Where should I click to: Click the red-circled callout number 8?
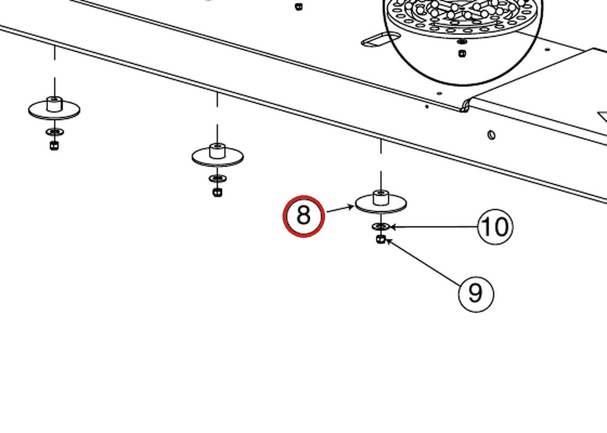coord(303,216)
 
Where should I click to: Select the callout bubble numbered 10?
coord(496,227)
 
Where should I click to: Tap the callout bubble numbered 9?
coord(476,293)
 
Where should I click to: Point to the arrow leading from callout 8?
coord(340,209)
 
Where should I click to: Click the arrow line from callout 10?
coord(434,227)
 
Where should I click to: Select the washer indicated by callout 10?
coord(381,226)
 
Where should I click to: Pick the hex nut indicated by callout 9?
coord(381,239)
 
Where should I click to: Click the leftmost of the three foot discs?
coord(55,110)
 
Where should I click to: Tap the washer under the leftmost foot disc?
coord(55,132)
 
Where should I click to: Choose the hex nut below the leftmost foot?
coord(55,146)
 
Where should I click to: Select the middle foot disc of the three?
coord(217,156)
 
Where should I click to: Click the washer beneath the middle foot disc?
coord(218,179)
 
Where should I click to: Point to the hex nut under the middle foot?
coord(217,192)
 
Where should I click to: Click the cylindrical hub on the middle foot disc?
coord(217,151)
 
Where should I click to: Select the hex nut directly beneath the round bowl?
coord(462,54)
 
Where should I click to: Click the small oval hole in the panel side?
coord(491,135)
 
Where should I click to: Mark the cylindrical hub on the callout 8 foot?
coord(381,197)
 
